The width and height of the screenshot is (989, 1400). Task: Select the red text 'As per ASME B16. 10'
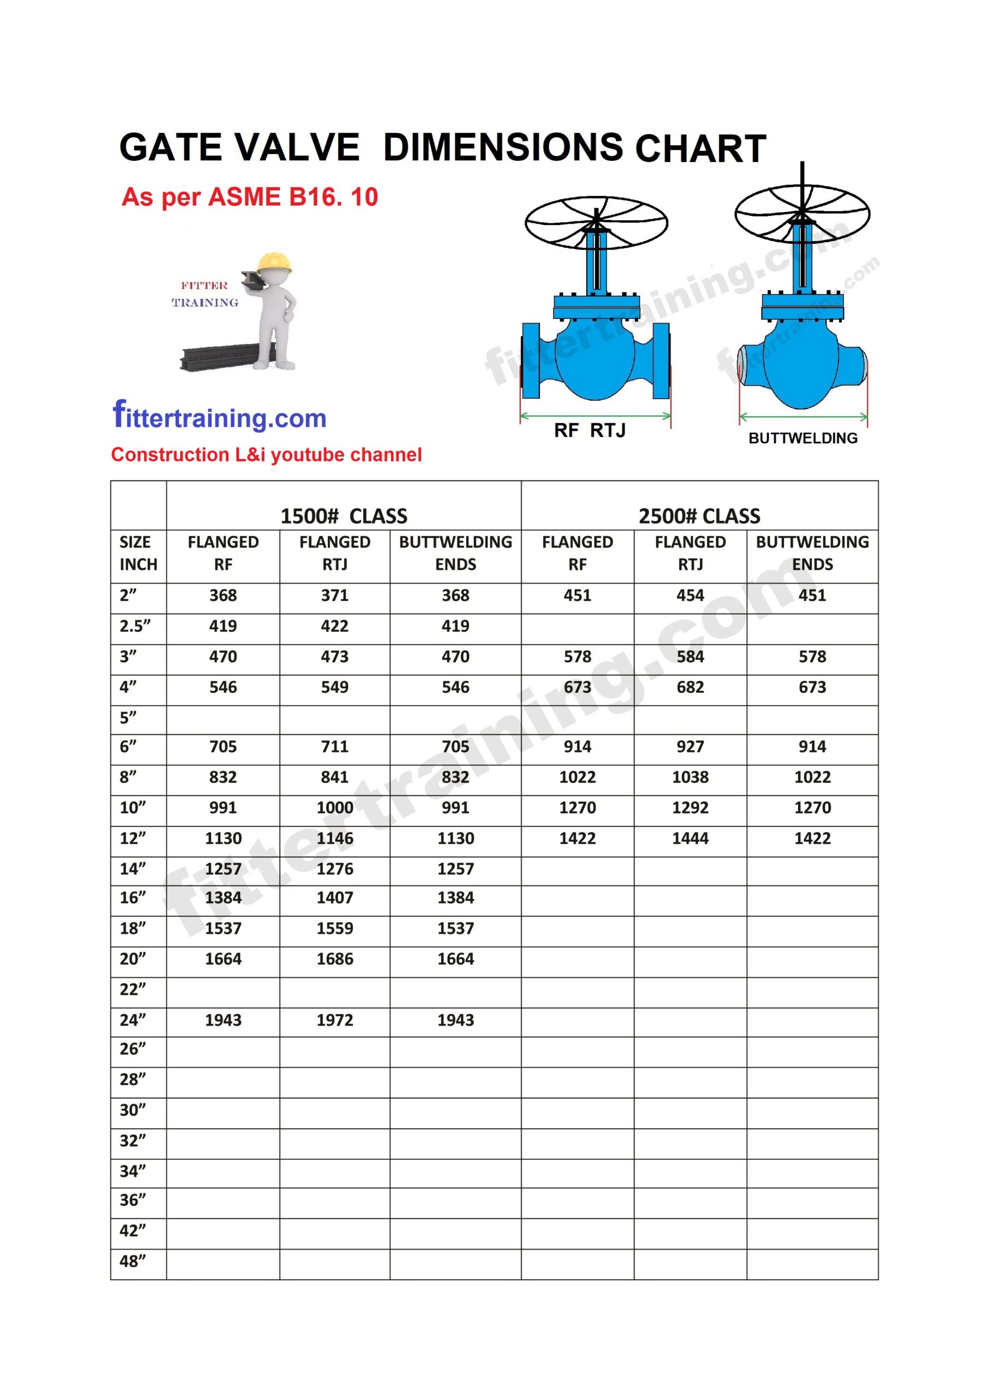pyautogui.click(x=249, y=197)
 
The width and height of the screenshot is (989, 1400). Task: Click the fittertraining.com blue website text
pyautogui.click(x=219, y=417)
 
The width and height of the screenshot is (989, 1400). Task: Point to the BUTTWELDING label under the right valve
pyautogui.click(x=803, y=438)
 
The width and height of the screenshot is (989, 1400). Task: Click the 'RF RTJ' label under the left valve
pyautogui.click(x=589, y=430)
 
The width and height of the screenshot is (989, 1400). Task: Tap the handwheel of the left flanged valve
pyautogui.click(x=596, y=223)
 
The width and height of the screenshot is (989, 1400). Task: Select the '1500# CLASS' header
pyautogui.click(x=344, y=516)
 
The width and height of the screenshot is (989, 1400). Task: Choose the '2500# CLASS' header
pyautogui.click(x=699, y=516)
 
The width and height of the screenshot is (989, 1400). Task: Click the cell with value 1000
pyautogui.click(x=334, y=807)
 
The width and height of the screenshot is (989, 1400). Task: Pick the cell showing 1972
pyautogui.click(x=334, y=1020)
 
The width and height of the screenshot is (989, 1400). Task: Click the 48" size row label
pyautogui.click(x=133, y=1261)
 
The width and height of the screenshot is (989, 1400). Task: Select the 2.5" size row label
pyautogui.click(x=134, y=626)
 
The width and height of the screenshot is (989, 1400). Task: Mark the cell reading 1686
pyautogui.click(x=334, y=959)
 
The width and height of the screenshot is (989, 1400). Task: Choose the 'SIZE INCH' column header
pyautogui.click(x=138, y=553)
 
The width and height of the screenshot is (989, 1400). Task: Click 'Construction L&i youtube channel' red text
pyautogui.click(x=266, y=454)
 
